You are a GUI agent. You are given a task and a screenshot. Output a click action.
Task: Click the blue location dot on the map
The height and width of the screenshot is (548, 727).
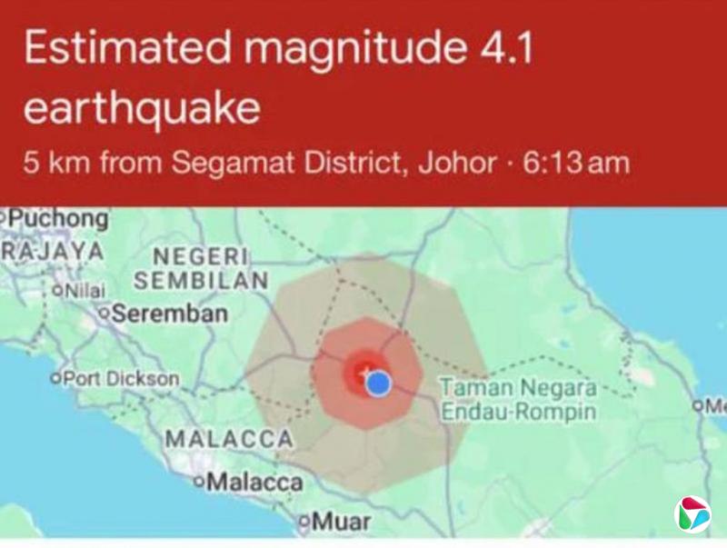[380, 384]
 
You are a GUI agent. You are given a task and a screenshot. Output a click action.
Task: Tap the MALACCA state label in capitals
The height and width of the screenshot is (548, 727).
[228, 439]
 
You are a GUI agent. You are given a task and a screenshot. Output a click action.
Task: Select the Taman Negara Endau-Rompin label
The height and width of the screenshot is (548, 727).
[519, 400]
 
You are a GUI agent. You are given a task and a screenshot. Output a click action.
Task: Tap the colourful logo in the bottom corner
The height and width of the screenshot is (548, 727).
[692, 513]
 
